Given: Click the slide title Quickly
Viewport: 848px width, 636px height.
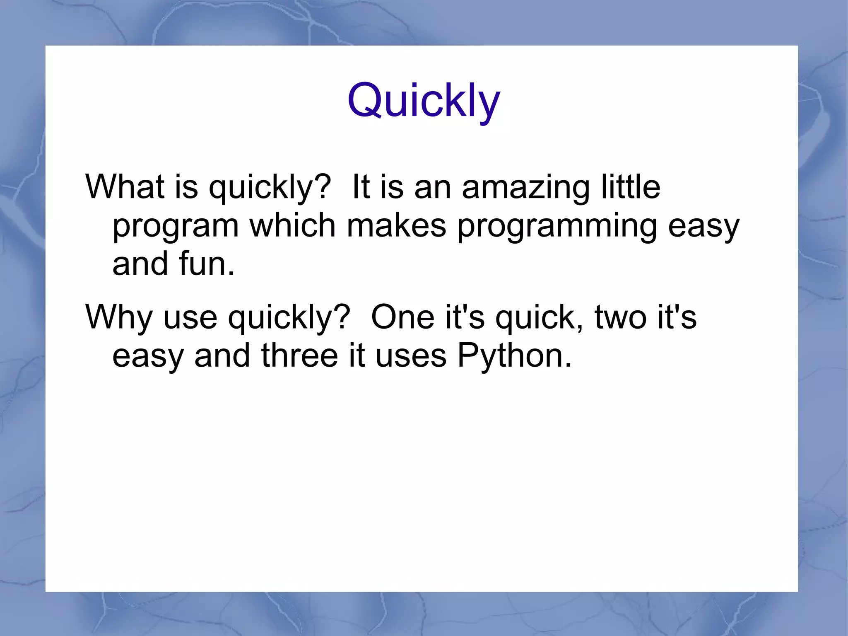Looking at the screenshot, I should pos(424,101).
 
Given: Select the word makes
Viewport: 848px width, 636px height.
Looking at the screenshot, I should pos(396,226).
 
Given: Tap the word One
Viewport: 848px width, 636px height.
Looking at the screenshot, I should pos(402,317).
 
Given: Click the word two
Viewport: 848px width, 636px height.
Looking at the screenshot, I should pos(620,317).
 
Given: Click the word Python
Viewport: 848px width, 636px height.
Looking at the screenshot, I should pos(514,356).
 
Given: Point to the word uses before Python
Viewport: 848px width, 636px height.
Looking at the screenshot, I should pos(411,356).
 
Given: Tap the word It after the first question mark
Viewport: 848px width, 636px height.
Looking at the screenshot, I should pos(361,187).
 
